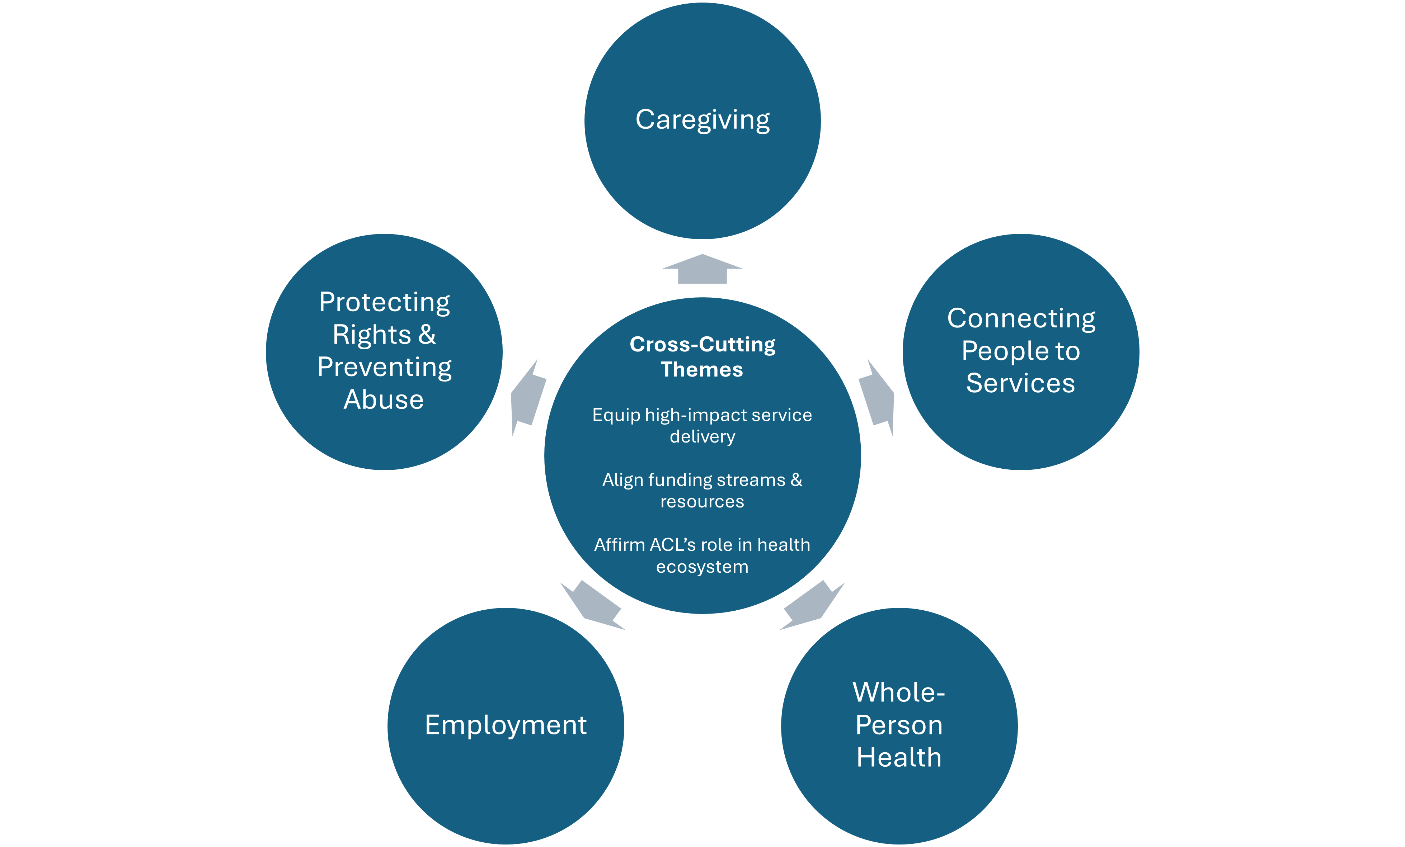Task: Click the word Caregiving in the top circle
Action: [702, 120]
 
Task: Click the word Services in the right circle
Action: [1021, 383]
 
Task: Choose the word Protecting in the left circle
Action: [384, 302]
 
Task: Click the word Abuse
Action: [384, 399]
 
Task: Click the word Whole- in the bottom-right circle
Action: [899, 692]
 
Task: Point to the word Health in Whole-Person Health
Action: [899, 757]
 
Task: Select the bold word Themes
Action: [702, 370]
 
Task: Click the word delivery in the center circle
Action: [702, 437]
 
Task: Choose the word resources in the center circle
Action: [702, 502]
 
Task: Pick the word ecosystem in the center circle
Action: [702, 567]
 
